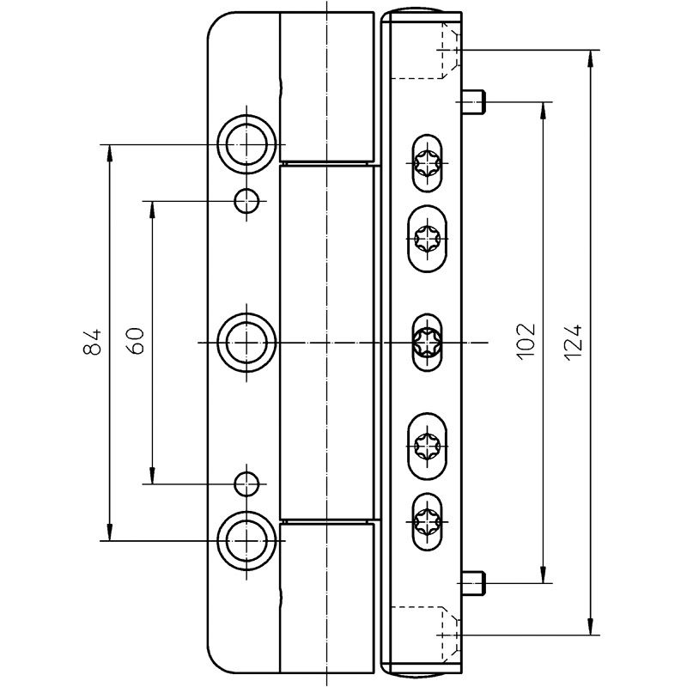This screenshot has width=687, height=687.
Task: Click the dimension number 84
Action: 92,342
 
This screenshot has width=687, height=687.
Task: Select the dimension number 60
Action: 135,341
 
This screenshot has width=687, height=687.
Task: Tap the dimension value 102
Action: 526,342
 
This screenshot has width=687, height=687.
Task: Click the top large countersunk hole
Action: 246,144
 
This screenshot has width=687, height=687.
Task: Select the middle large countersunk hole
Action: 246,342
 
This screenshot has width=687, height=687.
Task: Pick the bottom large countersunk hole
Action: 246,541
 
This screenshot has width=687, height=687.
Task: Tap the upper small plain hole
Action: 246,201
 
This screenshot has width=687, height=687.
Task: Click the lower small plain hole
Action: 246,484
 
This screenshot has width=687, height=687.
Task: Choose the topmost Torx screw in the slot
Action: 427,163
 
